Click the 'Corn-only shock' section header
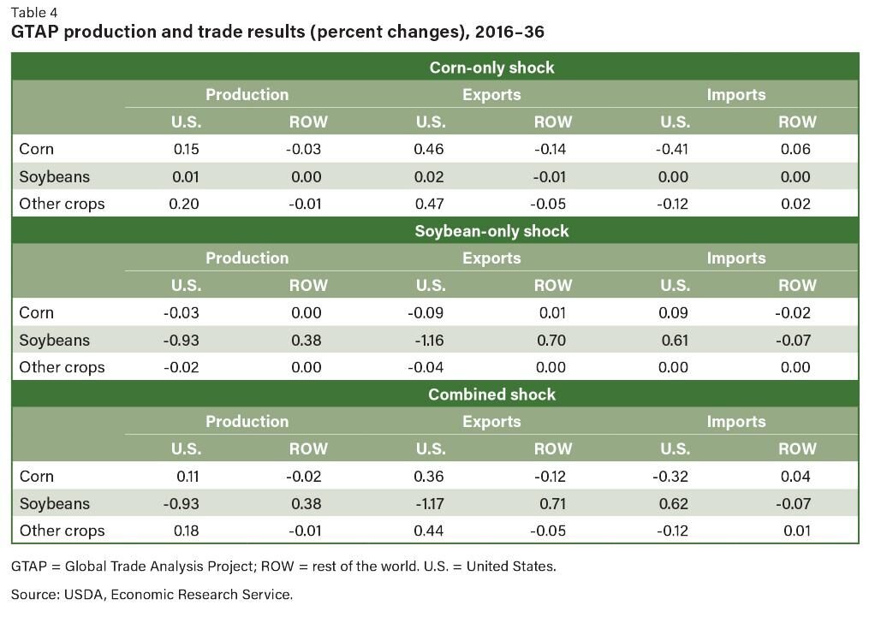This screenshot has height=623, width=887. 491,68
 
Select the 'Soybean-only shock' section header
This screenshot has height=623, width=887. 491,231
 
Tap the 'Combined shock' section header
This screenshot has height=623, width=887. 491,395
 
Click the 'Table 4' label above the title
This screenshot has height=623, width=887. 36,13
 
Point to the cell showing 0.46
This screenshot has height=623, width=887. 430,149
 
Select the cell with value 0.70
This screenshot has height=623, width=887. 551,340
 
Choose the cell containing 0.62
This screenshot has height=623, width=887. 675,503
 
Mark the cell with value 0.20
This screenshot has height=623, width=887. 186,204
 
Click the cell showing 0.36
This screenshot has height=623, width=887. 430,476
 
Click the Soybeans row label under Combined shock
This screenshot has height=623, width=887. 54,503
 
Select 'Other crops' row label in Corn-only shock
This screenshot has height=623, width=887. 62,204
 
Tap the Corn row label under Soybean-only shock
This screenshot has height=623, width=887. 36,312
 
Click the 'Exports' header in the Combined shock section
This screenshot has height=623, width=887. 491,421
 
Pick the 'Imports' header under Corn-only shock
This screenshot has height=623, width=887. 735,94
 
